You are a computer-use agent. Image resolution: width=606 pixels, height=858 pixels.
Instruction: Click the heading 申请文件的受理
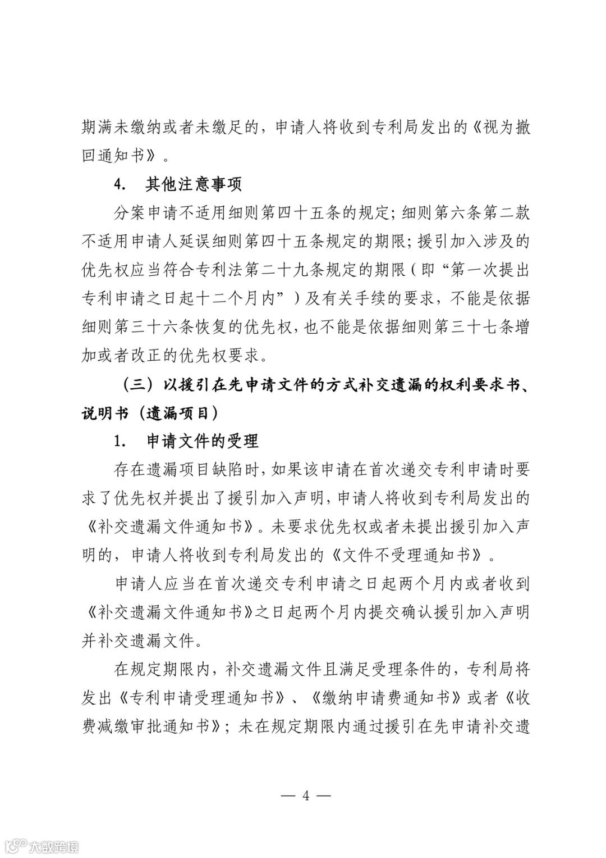[202, 441]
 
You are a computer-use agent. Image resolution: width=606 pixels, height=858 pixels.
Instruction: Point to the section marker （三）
[137, 385]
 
